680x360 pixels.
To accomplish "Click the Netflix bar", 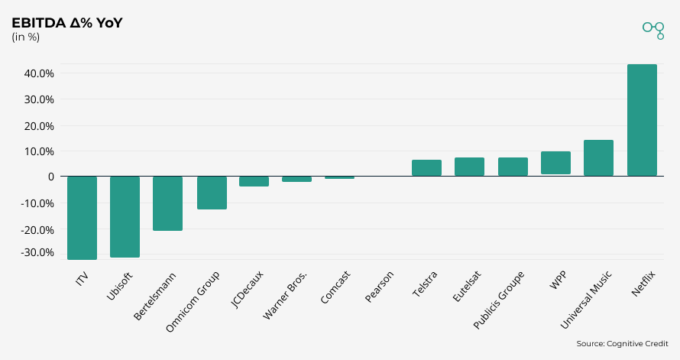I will coord(642,120).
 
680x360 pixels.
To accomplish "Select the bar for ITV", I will coord(82,218).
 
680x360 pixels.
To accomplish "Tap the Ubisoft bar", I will coord(125,217).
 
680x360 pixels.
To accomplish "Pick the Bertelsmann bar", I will coord(167,203).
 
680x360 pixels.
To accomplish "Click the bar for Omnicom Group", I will coord(212,193).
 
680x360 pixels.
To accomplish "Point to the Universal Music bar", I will coord(598,158).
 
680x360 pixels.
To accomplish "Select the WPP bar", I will coord(555,163).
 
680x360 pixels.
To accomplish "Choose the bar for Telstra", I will coord(426,168).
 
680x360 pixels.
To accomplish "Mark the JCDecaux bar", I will coord(254,181).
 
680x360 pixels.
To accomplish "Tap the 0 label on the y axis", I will coord(50,177).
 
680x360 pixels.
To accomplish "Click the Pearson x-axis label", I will coord(380,287).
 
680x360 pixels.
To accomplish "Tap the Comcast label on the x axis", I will coord(336,287).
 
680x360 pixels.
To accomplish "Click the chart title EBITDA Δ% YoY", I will coord(67,23).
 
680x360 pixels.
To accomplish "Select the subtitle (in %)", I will coord(26,37).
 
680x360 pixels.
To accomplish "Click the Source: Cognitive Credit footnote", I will coord(622,344).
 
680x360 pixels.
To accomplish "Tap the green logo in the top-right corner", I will coord(653,29).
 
